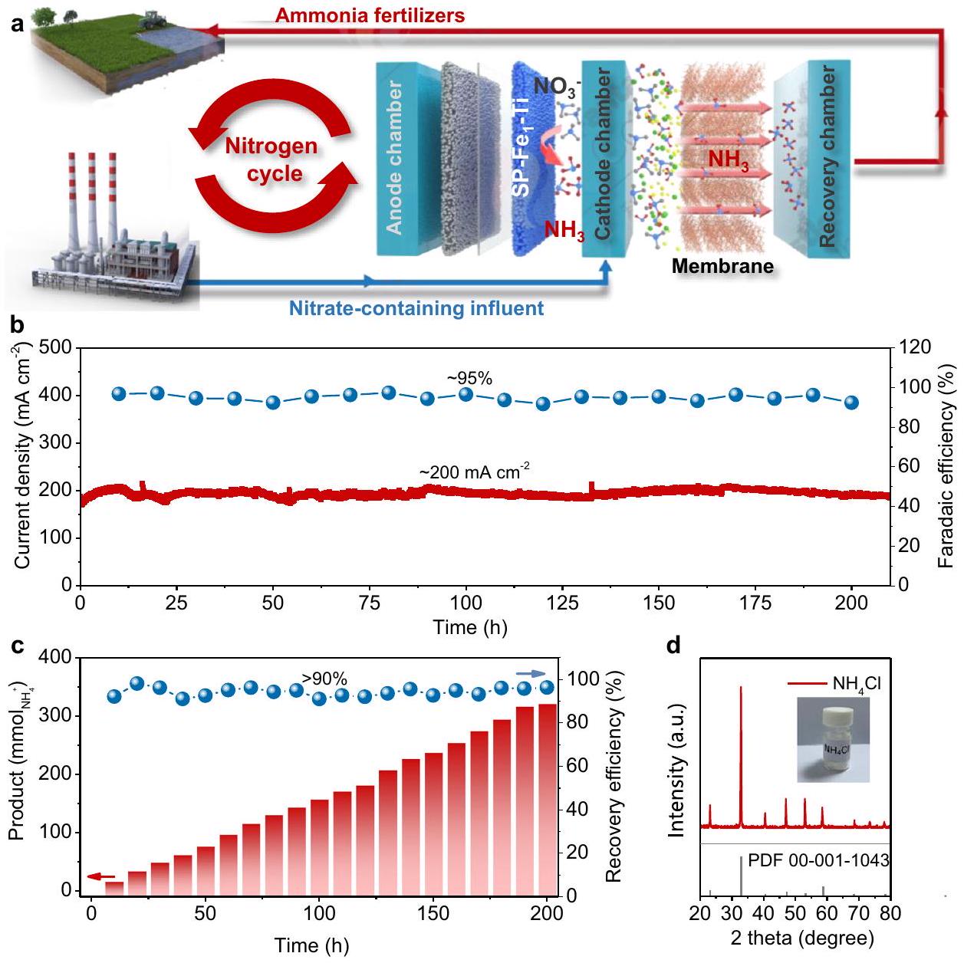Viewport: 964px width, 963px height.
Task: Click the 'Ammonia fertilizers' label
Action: point(369,15)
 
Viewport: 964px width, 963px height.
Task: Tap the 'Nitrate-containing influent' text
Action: point(416,308)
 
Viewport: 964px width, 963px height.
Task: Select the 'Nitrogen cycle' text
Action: point(271,159)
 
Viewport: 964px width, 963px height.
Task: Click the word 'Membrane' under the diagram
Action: point(722,266)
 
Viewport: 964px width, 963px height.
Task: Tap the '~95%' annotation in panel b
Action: point(470,377)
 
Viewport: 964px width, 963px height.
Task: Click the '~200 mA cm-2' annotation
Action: point(474,472)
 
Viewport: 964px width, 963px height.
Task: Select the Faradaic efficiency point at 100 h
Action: point(466,394)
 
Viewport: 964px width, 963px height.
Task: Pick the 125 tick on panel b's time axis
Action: point(562,603)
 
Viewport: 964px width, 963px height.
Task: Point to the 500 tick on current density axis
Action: point(56,348)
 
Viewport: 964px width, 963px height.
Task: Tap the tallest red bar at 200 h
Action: point(548,797)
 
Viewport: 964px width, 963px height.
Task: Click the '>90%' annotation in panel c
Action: point(324,679)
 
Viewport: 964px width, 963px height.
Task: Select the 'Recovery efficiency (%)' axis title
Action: point(614,777)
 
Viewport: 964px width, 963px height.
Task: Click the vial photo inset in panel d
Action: point(833,738)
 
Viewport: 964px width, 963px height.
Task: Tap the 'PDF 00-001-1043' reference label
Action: point(818,860)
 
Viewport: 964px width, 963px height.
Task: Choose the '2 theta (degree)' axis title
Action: point(802,938)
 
